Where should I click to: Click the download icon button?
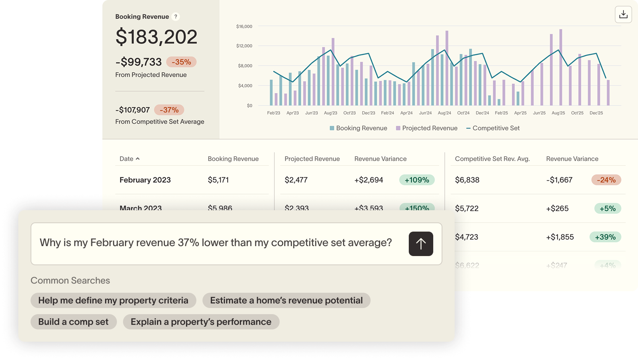click(x=623, y=15)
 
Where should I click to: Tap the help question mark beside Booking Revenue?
click(x=176, y=16)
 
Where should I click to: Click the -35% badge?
click(x=181, y=62)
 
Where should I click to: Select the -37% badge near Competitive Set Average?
click(x=169, y=110)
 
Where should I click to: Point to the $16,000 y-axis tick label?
click(x=244, y=26)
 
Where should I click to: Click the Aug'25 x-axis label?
click(x=558, y=113)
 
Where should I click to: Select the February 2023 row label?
click(x=145, y=180)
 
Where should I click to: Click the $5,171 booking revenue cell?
click(x=218, y=180)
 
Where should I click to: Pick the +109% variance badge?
click(x=417, y=180)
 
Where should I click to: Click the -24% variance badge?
click(x=606, y=180)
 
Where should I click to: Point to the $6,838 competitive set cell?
click(x=467, y=180)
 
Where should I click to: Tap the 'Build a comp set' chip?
click(x=73, y=322)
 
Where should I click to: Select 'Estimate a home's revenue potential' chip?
click(x=286, y=300)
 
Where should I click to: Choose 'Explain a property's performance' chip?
click(x=201, y=322)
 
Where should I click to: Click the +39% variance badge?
click(x=605, y=237)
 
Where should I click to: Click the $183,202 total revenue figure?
click(x=156, y=37)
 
